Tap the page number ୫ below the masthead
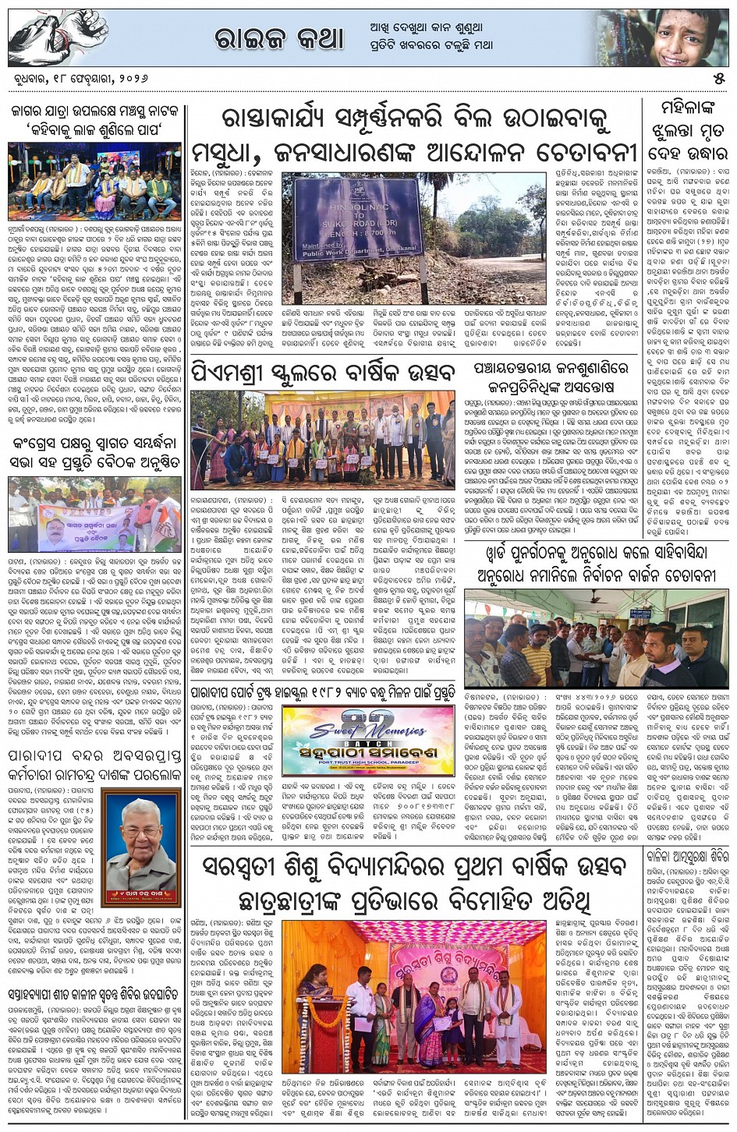pos(718,80)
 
